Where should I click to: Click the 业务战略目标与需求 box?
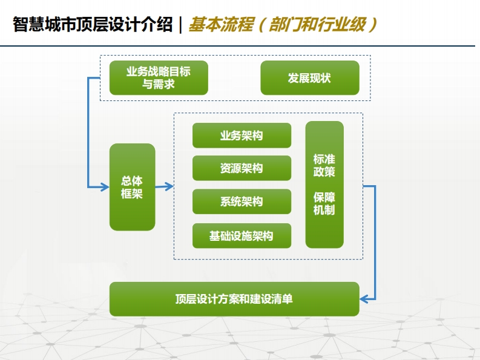pyautogui.click(x=159, y=78)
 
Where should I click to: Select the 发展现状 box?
pyautogui.click(x=310, y=78)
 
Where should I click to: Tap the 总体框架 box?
pyautogui.click(x=132, y=187)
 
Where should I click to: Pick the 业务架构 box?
pyautogui.click(x=242, y=136)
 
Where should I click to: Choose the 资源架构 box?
pyautogui.click(x=242, y=168)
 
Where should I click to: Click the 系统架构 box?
pyautogui.click(x=242, y=201)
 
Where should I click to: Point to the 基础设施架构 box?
pyautogui.click(x=242, y=236)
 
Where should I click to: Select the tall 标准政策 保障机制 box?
pyautogui.click(x=324, y=185)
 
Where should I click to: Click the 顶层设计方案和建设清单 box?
pyautogui.click(x=234, y=299)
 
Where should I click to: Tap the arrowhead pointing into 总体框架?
pyautogui.click(x=105, y=187)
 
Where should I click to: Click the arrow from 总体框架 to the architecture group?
pyautogui.click(x=165, y=186)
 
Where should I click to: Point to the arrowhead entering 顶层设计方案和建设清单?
pyautogui.click(x=364, y=299)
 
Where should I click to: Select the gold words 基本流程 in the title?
pyautogui.click(x=222, y=24)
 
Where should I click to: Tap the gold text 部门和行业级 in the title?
pyautogui.click(x=318, y=24)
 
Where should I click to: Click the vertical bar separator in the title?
pyautogui.click(x=180, y=24)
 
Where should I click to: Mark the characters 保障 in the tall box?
pyautogui.click(x=324, y=197)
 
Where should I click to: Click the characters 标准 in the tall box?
pyautogui.click(x=324, y=159)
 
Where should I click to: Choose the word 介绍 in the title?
pyautogui.click(x=156, y=24)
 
